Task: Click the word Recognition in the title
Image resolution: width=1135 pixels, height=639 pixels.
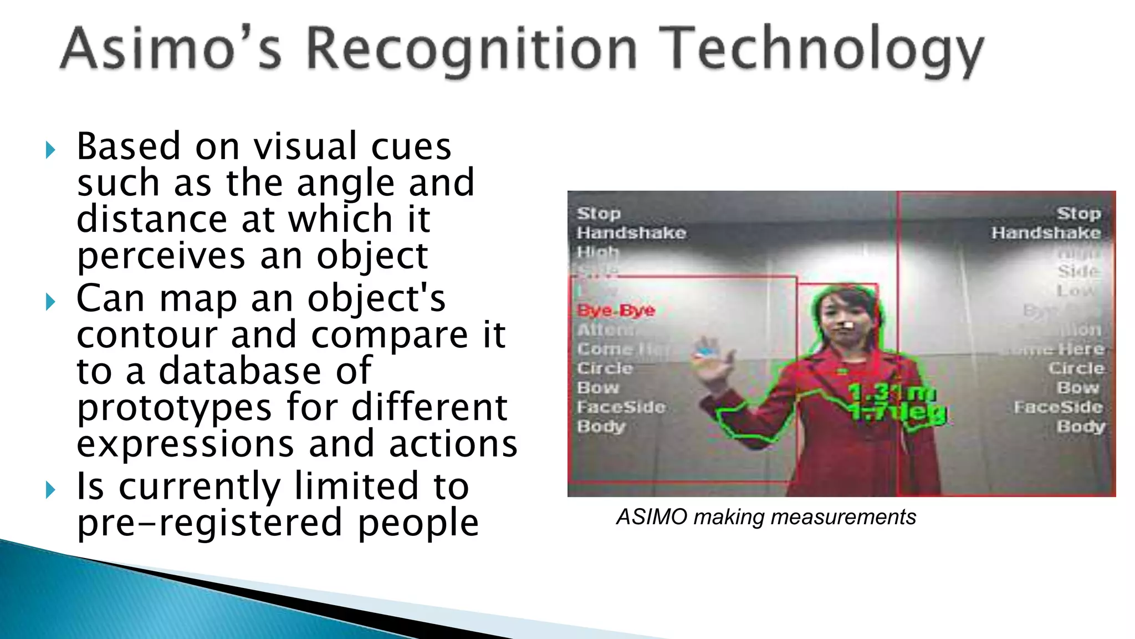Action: coord(471,50)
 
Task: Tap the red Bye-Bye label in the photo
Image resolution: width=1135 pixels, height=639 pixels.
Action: coord(616,310)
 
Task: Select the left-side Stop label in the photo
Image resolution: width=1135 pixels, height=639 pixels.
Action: coord(599,214)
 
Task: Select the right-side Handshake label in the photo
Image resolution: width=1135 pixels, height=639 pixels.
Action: coord(1046,233)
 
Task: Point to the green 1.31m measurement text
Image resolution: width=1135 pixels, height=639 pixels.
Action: coord(892,393)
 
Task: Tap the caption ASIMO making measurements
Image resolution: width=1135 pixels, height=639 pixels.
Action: coord(766,517)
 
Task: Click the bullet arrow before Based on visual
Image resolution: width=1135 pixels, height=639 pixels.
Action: coord(50,150)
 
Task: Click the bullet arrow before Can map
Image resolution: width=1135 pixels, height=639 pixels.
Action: coord(50,302)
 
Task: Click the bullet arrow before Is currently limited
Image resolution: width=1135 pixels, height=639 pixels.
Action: coord(50,489)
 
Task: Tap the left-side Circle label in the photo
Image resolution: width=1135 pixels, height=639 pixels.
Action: coord(605,368)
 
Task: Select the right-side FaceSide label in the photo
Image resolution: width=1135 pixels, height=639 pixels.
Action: coord(1059,407)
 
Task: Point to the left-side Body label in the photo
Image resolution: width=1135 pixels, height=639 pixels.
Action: coord(601,427)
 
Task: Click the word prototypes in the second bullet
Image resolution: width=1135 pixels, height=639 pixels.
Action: coord(174,408)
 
